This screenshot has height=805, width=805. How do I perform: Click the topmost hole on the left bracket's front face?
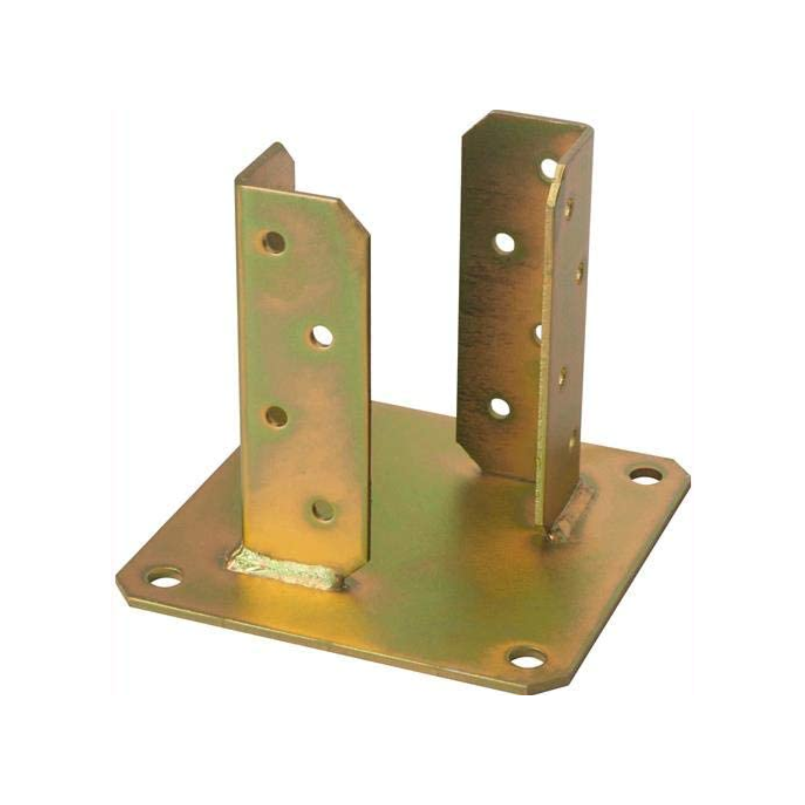point(273,243)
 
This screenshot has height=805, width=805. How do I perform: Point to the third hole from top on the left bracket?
point(276,416)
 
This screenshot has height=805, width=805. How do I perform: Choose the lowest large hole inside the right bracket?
point(500,407)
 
